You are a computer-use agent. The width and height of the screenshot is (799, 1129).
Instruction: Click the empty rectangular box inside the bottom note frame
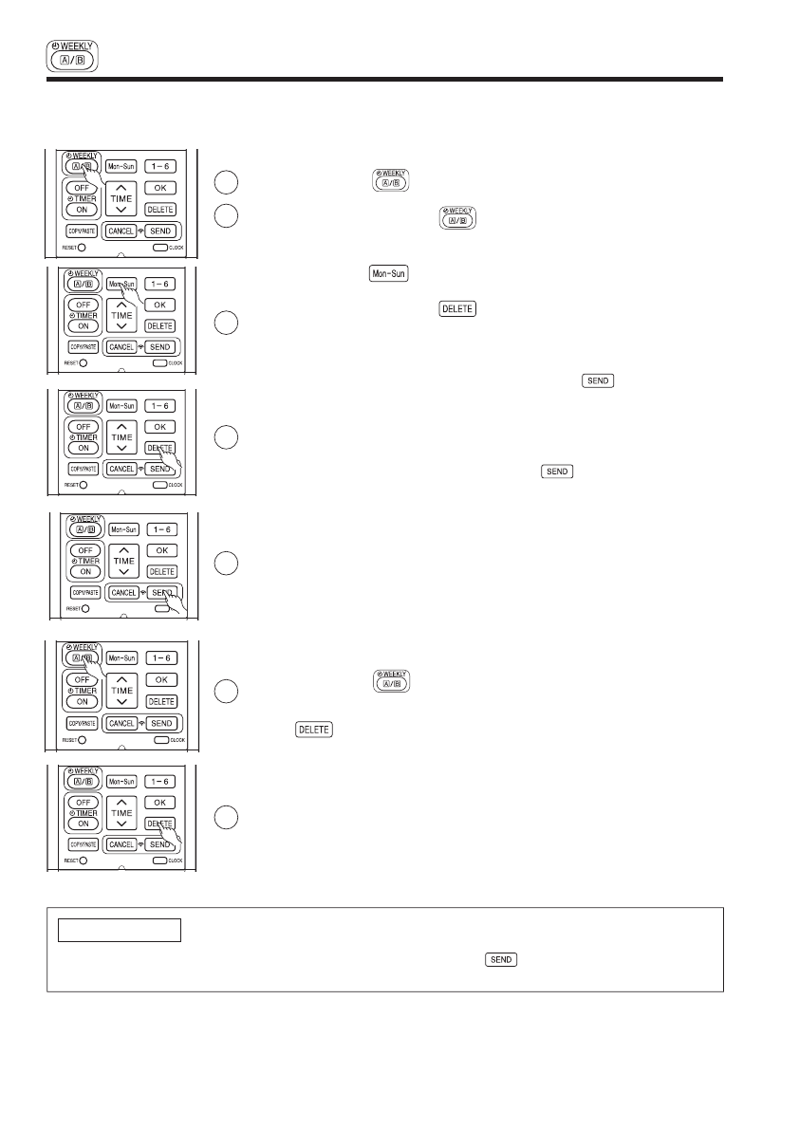[116, 930]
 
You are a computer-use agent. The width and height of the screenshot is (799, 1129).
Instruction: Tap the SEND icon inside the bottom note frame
[500, 959]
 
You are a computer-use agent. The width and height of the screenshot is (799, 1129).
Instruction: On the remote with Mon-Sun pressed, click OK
[160, 305]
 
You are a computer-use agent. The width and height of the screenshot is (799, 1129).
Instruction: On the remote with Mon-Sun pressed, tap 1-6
[160, 284]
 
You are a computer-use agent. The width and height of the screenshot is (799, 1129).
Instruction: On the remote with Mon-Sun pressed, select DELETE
[160, 326]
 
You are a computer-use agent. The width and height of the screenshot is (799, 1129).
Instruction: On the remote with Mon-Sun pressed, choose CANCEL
[121, 347]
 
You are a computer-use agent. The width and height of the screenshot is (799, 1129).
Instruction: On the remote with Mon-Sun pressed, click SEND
[160, 347]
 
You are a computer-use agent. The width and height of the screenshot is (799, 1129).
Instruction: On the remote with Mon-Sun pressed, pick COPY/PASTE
[82, 347]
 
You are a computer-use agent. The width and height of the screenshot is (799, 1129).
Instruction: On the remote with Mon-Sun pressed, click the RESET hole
[84, 362]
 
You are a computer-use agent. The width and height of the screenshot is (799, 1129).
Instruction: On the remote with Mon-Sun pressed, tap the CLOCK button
[159, 362]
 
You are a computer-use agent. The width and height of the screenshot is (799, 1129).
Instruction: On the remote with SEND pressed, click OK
[161, 549]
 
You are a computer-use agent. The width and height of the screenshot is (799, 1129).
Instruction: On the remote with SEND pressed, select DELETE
[161, 571]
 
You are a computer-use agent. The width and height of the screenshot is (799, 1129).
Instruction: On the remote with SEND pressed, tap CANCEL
[123, 592]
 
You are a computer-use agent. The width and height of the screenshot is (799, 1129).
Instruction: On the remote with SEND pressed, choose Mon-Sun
[123, 528]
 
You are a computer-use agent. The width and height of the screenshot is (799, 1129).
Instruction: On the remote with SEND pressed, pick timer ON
[86, 571]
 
